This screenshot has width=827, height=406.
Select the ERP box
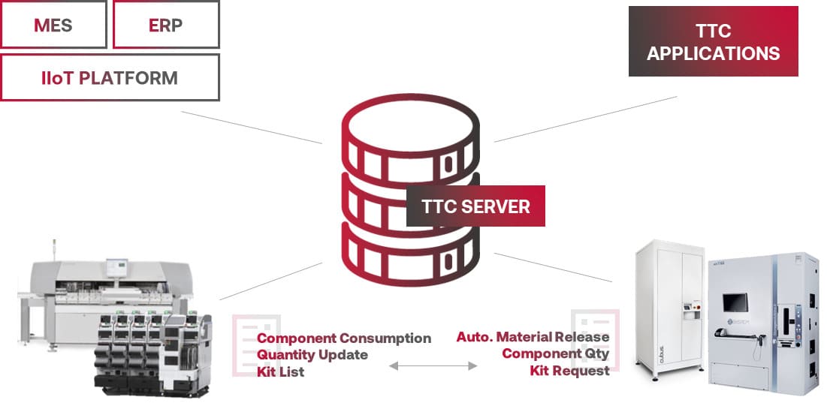pyautogui.click(x=165, y=25)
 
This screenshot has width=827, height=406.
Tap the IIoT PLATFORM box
pyautogui.click(x=110, y=77)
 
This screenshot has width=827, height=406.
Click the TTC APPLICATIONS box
pyautogui.click(x=713, y=42)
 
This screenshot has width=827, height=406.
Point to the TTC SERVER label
pyautogui.click(x=475, y=206)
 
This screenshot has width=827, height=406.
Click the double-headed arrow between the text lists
pyautogui.click(x=433, y=365)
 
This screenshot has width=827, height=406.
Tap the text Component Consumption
pyautogui.click(x=344, y=338)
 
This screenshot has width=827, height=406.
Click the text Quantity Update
pyautogui.click(x=312, y=354)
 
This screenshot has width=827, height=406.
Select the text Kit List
pyautogui.click(x=280, y=371)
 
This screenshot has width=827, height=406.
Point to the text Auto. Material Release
pyautogui.click(x=533, y=337)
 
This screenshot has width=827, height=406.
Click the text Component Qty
pyautogui.click(x=555, y=353)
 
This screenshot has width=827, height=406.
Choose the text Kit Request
pyautogui.click(x=569, y=370)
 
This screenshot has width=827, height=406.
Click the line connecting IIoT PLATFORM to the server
pyautogui.click(x=252, y=127)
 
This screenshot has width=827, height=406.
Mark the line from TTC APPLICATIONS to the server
pyautogui.click(x=586, y=118)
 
